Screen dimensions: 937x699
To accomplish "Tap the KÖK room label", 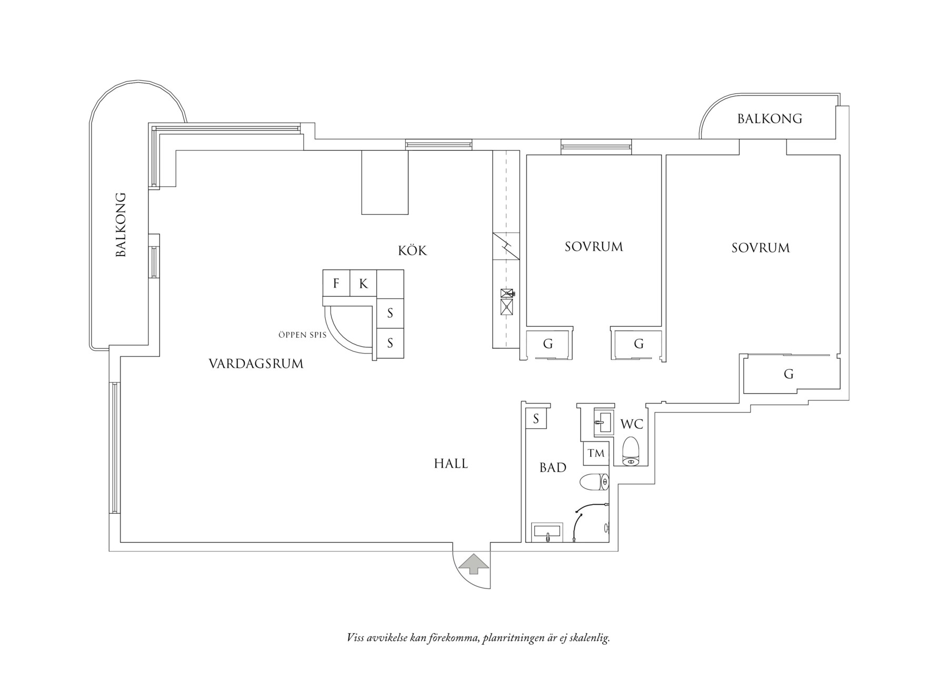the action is [x=412, y=250].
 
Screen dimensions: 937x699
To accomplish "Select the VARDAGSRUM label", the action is [x=256, y=363].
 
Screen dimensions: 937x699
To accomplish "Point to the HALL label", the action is [x=451, y=464].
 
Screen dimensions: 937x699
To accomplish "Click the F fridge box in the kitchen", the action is [x=336, y=283].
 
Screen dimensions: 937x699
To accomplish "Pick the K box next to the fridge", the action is [x=363, y=283].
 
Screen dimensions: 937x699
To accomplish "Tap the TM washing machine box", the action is [x=596, y=453].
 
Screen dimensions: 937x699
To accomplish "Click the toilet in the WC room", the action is [x=631, y=451].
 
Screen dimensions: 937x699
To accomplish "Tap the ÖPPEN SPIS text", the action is [x=302, y=335].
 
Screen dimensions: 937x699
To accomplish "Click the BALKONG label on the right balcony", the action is [x=770, y=119].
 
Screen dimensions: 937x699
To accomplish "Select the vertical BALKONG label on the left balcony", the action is [x=121, y=224].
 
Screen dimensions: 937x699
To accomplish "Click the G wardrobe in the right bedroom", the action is [x=789, y=374].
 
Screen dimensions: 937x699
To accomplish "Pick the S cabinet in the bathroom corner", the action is [x=536, y=419].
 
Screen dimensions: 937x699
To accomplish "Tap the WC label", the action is [x=632, y=424].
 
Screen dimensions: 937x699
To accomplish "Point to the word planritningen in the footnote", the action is [x=513, y=639].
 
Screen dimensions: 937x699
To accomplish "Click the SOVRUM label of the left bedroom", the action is [x=594, y=247].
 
